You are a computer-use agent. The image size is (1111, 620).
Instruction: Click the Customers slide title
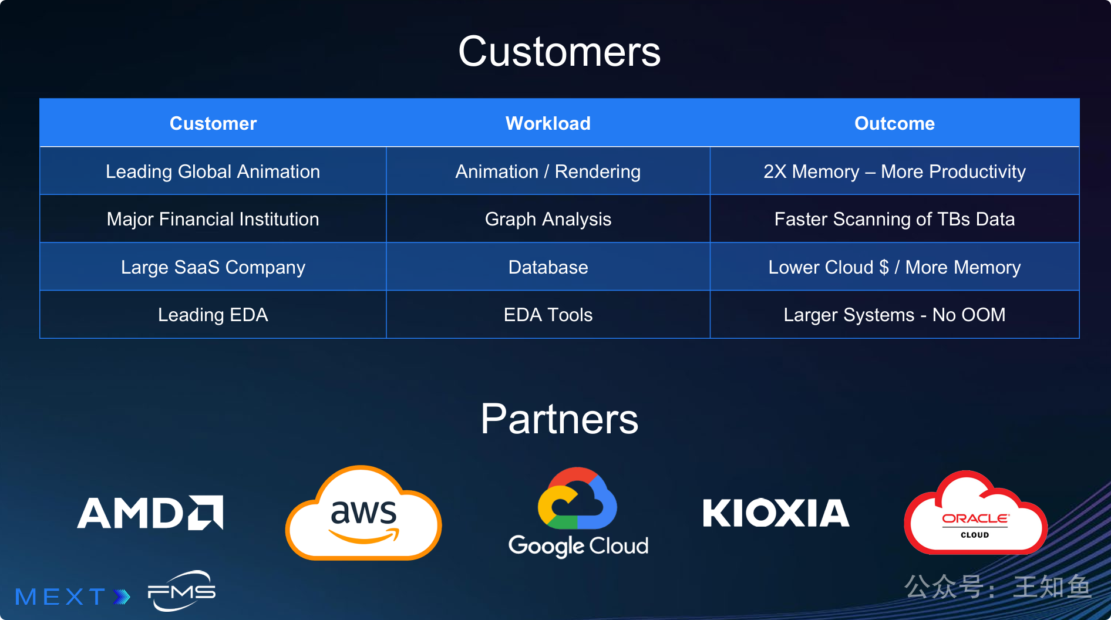tap(559, 52)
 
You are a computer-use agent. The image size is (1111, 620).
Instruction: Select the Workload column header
tap(548, 123)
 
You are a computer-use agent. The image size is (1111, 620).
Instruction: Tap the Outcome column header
tap(894, 123)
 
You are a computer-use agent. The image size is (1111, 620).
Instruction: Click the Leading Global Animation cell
tap(213, 171)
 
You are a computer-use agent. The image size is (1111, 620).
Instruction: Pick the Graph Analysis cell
tap(548, 219)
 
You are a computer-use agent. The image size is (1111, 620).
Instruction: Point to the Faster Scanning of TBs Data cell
tap(894, 219)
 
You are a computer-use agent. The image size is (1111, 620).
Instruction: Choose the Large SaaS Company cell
tap(213, 267)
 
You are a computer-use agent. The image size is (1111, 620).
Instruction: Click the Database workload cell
tap(548, 267)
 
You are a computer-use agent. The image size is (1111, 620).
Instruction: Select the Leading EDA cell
tap(213, 315)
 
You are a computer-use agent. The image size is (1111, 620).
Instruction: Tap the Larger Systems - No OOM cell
tap(894, 315)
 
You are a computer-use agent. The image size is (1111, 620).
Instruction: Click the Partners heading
tap(559, 419)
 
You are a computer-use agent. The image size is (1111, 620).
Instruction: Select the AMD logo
tap(150, 513)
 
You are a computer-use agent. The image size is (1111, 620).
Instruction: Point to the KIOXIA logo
tap(776, 513)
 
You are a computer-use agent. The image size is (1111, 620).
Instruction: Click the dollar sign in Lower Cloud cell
tap(884, 267)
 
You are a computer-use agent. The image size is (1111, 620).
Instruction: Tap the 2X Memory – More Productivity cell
tap(894, 171)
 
